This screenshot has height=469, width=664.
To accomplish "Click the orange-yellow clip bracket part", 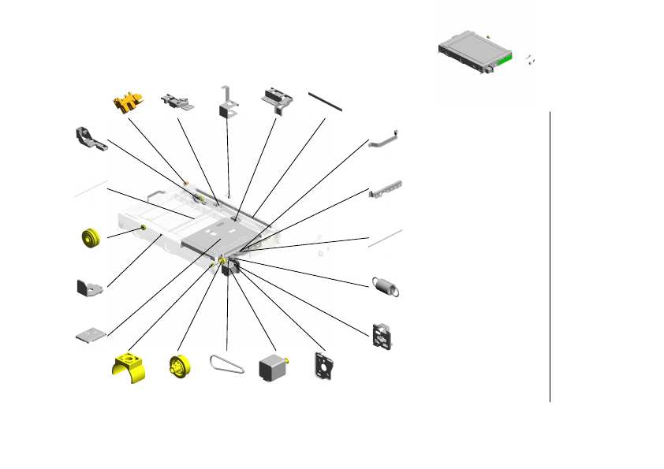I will pos(129,102).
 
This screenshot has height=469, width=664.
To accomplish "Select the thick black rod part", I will pos(325,99).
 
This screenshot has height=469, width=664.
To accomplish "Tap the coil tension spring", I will pos(385,286).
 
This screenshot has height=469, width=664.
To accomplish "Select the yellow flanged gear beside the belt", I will pos(181,367).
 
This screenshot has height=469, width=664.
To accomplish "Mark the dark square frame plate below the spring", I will pos(382,334).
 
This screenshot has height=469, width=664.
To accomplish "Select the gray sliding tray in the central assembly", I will pos(213,236).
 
